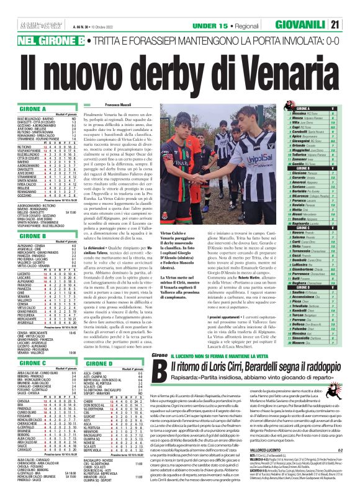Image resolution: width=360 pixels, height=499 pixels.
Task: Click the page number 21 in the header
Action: [x=351, y=25]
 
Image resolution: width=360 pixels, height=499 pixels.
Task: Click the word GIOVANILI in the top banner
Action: [x=321, y=25]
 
